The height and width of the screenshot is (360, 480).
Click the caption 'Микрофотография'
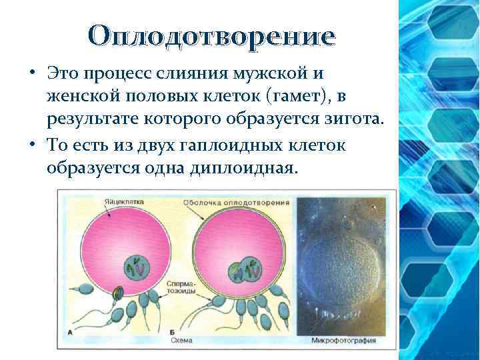coord(343,340)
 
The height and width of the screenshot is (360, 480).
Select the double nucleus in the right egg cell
coord(245,269)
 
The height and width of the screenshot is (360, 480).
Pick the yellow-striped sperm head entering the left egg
coord(118,292)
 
